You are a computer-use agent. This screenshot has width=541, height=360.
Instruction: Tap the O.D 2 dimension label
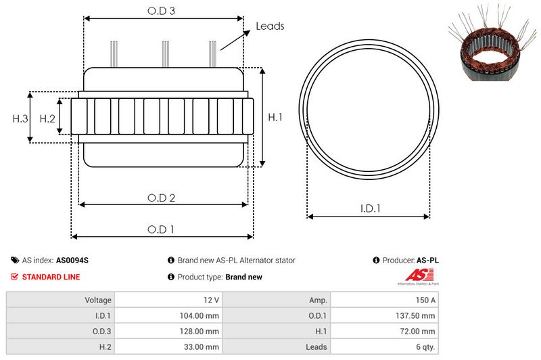point(162,198)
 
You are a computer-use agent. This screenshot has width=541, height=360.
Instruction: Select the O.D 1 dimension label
point(161,229)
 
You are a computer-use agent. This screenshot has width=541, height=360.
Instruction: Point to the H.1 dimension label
point(275,118)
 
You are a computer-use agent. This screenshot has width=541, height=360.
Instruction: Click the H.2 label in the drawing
point(47,118)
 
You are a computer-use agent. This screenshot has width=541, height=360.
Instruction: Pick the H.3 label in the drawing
point(20,118)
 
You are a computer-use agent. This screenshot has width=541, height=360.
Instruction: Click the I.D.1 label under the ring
point(369,209)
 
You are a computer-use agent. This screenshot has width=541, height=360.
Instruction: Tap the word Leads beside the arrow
point(270,26)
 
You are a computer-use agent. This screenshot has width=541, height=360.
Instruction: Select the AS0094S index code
point(72,260)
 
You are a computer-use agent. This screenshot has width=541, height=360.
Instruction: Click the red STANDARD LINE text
point(51,277)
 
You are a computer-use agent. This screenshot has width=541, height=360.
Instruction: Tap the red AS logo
point(414,275)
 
